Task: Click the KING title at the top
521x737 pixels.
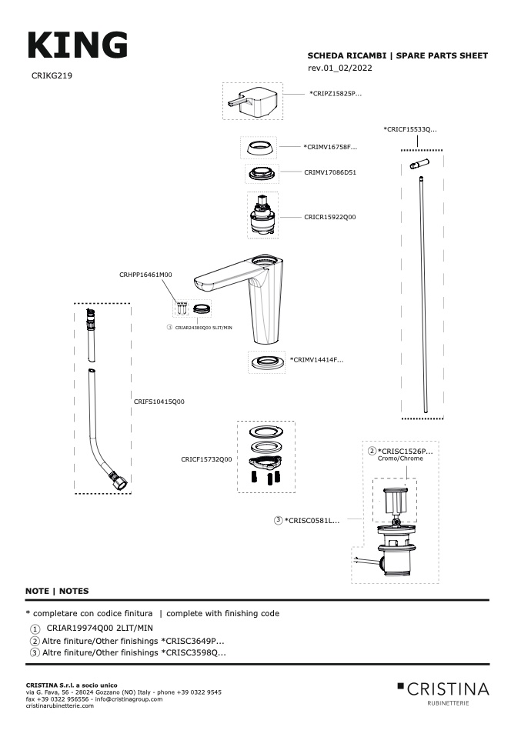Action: (x=78, y=45)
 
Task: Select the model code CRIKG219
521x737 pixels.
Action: (x=52, y=75)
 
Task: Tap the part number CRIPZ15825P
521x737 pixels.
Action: (x=336, y=94)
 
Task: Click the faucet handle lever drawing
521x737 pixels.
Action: (x=253, y=101)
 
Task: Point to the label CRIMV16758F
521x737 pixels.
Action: (x=330, y=147)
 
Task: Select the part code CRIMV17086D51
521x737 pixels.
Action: (x=330, y=172)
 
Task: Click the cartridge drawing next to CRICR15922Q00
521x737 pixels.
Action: (x=262, y=215)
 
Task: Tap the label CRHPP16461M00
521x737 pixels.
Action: (x=145, y=275)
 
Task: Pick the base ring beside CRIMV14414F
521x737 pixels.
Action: (x=266, y=362)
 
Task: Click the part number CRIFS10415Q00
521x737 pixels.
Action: (x=159, y=402)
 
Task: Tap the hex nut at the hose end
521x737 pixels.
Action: (x=118, y=482)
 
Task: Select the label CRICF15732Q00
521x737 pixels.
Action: (x=206, y=460)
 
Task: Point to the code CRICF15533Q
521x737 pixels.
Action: (x=410, y=129)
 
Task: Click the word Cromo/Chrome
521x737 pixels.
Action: (x=400, y=459)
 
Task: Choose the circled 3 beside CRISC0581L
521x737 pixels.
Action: (x=279, y=520)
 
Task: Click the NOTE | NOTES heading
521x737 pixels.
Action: (x=57, y=592)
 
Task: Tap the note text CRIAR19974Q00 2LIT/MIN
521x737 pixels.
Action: (x=100, y=628)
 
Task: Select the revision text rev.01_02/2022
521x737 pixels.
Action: (x=340, y=68)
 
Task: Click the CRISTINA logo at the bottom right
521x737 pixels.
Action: (x=443, y=693)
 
